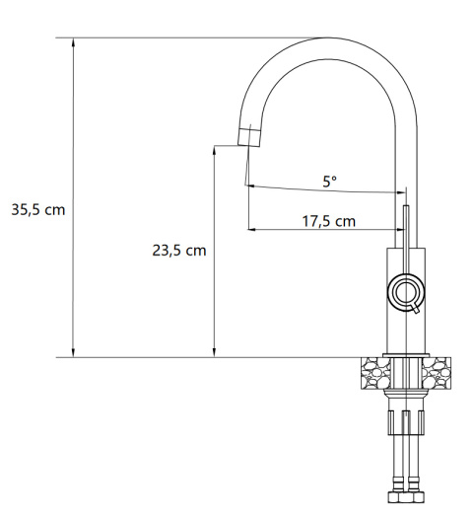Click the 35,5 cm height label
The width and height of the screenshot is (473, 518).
[x=38, y=211]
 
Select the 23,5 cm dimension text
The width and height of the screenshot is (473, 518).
[x=178, y=251]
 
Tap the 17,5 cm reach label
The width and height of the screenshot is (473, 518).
[x=328, y=221]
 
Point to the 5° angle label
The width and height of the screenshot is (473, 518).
[x=329, y=182]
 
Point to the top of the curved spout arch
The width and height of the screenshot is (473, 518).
[x=330, y=42]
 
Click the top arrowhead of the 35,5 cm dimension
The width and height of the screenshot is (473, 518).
[x=74, y=43]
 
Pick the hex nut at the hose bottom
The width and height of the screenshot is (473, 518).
[x=402, y=501]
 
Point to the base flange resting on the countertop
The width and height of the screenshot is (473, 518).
[x=402, y=354]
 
